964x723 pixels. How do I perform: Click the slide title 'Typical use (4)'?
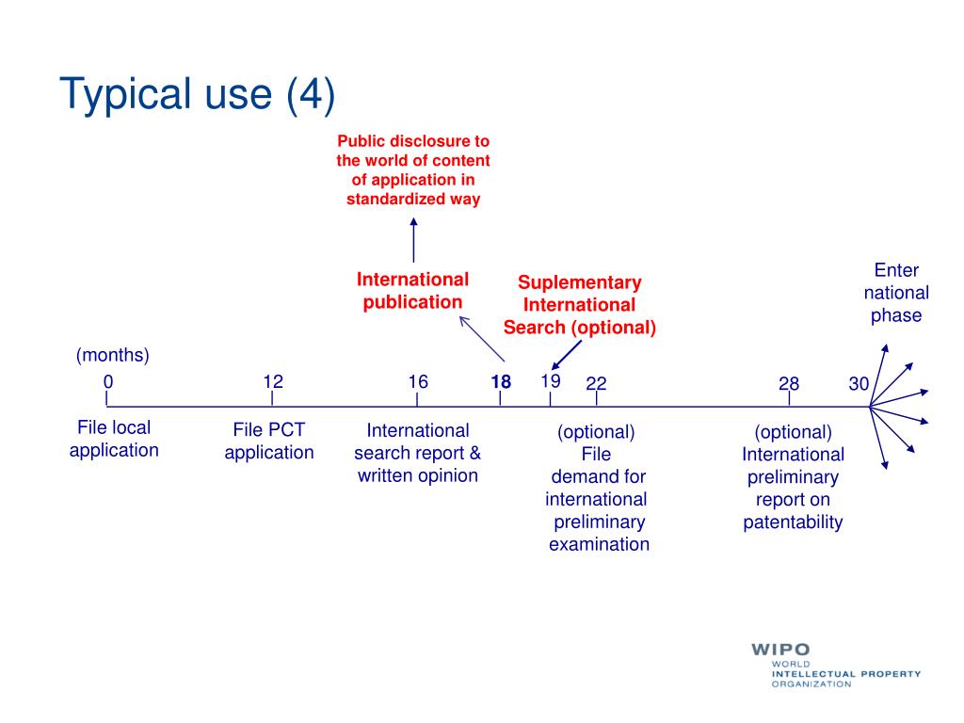(197, 95)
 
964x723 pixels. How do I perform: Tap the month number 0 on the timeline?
(108, 382)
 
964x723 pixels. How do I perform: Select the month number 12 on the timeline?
(273, 381)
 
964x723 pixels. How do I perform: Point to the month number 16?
(418, 381)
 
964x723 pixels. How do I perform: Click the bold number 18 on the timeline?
(500, 382)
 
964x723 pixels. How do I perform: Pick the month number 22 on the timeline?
(596, 383)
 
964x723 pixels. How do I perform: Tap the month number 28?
(789, 383)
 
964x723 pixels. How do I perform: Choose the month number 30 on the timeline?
(859, 383)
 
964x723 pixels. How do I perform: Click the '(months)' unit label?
(113, 355)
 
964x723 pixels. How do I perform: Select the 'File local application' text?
(114, 439)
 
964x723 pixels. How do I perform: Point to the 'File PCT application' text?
(269, 442)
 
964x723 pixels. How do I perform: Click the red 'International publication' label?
(412, 291)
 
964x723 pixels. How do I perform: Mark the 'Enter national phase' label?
(896, 293)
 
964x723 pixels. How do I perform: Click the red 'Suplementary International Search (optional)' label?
(579, 305)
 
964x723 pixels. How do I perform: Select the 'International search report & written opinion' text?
(417, 453)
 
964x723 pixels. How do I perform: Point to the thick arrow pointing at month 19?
(567, 356)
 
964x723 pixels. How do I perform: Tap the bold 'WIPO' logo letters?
(780, 651)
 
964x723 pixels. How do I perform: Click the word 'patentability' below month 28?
(793, 522)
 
